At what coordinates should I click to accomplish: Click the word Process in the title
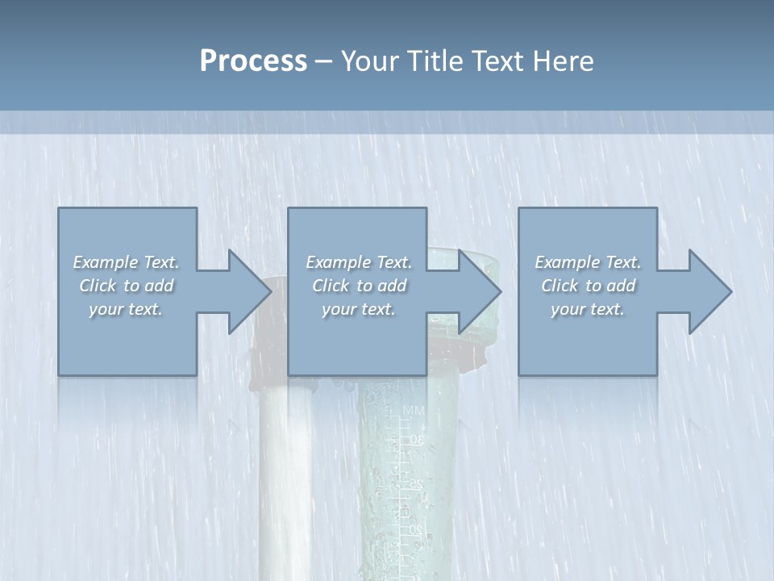click(253, 61)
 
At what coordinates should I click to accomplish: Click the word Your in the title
click(368, 61)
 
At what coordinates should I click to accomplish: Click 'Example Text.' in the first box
click(127, 262)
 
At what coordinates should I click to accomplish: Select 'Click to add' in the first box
click(127, 286)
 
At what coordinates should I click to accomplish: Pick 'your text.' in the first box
click(127, 309)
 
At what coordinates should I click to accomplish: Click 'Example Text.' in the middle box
click(359, 262)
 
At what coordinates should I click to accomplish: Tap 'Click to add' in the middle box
click(359, 286)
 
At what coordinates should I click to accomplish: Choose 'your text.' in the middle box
click(359, 309)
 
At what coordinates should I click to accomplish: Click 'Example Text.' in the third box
click(588, 262)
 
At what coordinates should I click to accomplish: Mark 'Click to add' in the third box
click(588, 286)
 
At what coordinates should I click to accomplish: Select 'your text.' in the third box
click(588, 309)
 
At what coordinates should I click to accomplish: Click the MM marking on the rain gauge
click(413, 412)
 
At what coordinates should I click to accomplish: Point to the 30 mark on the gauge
click(417, 440)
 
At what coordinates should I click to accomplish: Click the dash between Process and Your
click(324, 62)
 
